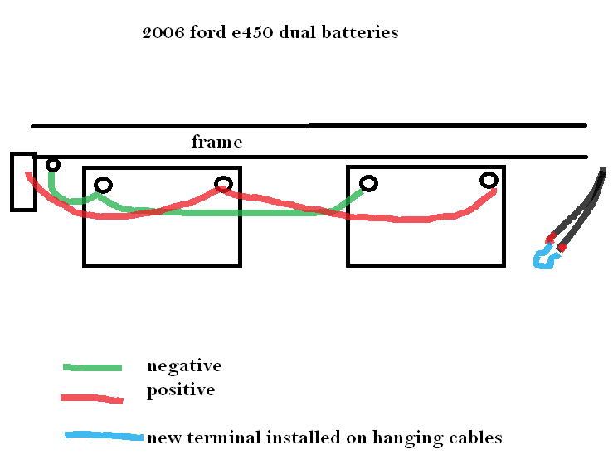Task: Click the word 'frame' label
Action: [x=216, y=142]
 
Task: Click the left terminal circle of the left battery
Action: [x=103, y=185]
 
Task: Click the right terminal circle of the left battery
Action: [x=222, y=184]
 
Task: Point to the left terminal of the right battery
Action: [x=367, y=183]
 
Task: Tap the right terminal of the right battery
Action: [x=489, y=180]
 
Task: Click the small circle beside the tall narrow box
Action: [x=53, y=165]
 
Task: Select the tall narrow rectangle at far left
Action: [x=22, y=181]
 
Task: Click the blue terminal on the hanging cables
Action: [x=546, y=259]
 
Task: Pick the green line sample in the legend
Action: [x=92, y=367]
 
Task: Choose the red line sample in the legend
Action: [x=92, y=399]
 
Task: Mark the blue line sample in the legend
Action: [x=103, y=437]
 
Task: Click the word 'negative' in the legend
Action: [x=183, y=365]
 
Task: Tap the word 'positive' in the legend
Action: [x=180, y=390]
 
